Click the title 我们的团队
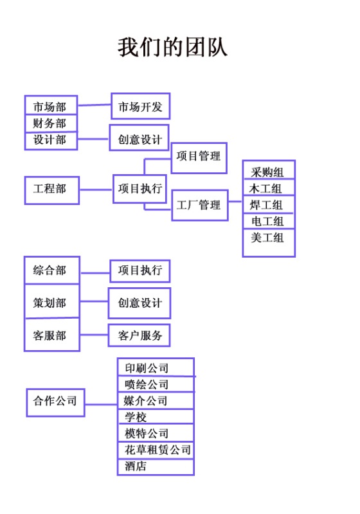tap(172, 48)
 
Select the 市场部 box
tap(51, 105)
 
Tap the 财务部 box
tap(51, 123)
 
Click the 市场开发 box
tap(140, 106)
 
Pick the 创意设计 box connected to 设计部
tap(139, 137)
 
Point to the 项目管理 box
tap(199, 158)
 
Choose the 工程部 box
tap(52, 190)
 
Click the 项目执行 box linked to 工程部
tap(139, 189)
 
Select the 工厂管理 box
tap(200, 205)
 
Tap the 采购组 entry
tap(269, 170)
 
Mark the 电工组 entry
tap(269, 221)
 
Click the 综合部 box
tap(52, 270)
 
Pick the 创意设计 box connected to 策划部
tap(139, 303)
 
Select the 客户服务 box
tap(139, 335)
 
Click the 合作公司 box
tap(55, 403)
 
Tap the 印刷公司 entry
tap(156, 367)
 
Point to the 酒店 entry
tap(156, 467)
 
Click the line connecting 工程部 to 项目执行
tap(96, 190)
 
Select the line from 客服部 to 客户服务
tap(94, 335)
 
